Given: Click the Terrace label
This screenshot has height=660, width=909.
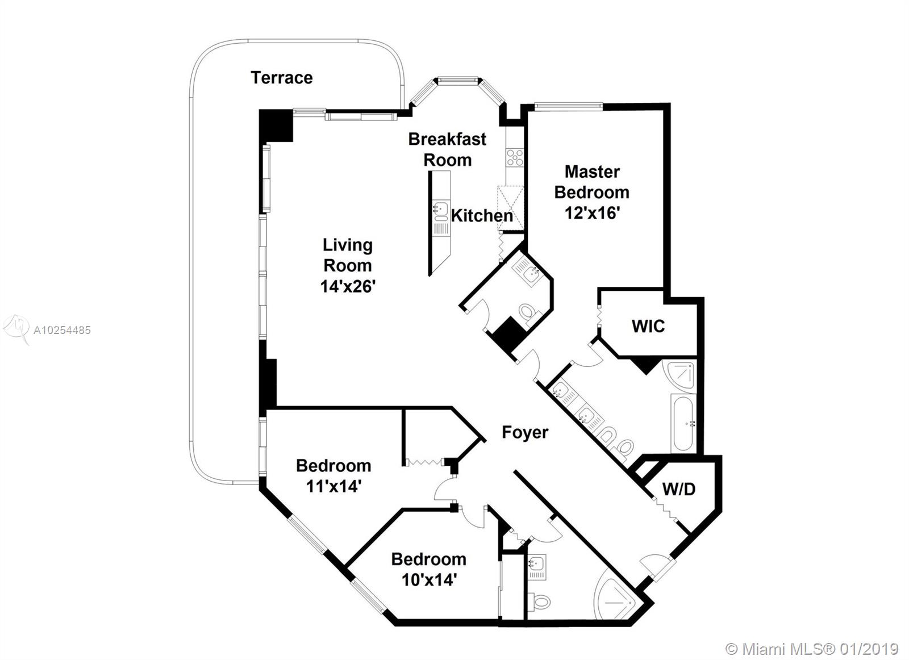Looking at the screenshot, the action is point(282,77).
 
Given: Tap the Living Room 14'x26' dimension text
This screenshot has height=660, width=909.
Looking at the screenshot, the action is point(347,286).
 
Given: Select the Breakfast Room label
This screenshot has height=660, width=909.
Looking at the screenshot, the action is point(447,149).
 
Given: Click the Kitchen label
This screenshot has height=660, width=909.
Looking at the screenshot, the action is point(482,216).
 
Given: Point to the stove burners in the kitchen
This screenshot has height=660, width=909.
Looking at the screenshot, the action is point(515,157).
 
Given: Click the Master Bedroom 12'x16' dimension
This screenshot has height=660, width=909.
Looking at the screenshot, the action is point(592,213).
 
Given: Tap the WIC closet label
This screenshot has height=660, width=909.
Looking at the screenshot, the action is point(648,326).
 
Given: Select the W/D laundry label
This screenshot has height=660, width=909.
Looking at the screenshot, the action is point(679,489).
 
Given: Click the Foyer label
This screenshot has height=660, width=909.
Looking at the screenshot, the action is point(525,432).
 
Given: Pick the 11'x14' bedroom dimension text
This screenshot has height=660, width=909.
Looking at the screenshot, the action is point(333,486).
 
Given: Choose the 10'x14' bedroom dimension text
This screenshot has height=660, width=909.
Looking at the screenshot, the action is point(430,580).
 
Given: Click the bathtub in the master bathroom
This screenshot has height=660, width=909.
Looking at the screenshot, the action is point(684,423).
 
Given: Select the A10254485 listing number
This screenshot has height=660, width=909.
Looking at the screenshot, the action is point(62,330).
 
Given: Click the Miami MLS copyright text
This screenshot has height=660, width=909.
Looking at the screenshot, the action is point(812,649).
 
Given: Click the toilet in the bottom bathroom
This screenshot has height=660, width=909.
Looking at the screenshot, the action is point(540,600).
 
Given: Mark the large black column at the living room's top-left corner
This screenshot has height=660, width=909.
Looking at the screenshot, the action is point(276,126).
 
